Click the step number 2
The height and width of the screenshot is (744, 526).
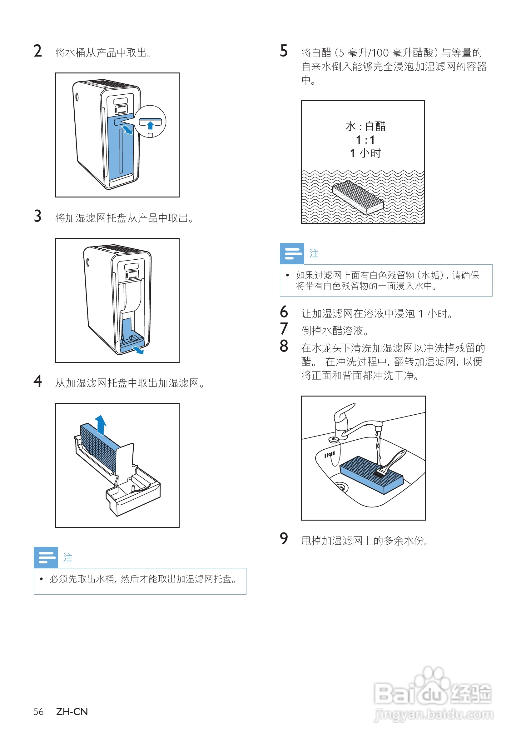(37, 51)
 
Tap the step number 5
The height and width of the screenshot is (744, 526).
(284, 51)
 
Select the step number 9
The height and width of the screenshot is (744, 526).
(284, 539)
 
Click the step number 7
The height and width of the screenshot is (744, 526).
(284, 329)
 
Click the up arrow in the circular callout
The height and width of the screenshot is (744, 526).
(150, 125)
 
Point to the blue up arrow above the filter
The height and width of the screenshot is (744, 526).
(101, 424)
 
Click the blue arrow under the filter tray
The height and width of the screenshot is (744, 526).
(139, 350)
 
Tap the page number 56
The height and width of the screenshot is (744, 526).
(38, 712)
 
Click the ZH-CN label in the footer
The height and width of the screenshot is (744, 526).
(72, 712)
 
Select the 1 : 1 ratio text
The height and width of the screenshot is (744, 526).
(365, 140)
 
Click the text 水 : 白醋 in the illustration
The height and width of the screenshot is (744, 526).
(365, 126)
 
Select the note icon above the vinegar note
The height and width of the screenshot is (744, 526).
(292, 253)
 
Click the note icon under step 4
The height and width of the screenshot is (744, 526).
(46, 557)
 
